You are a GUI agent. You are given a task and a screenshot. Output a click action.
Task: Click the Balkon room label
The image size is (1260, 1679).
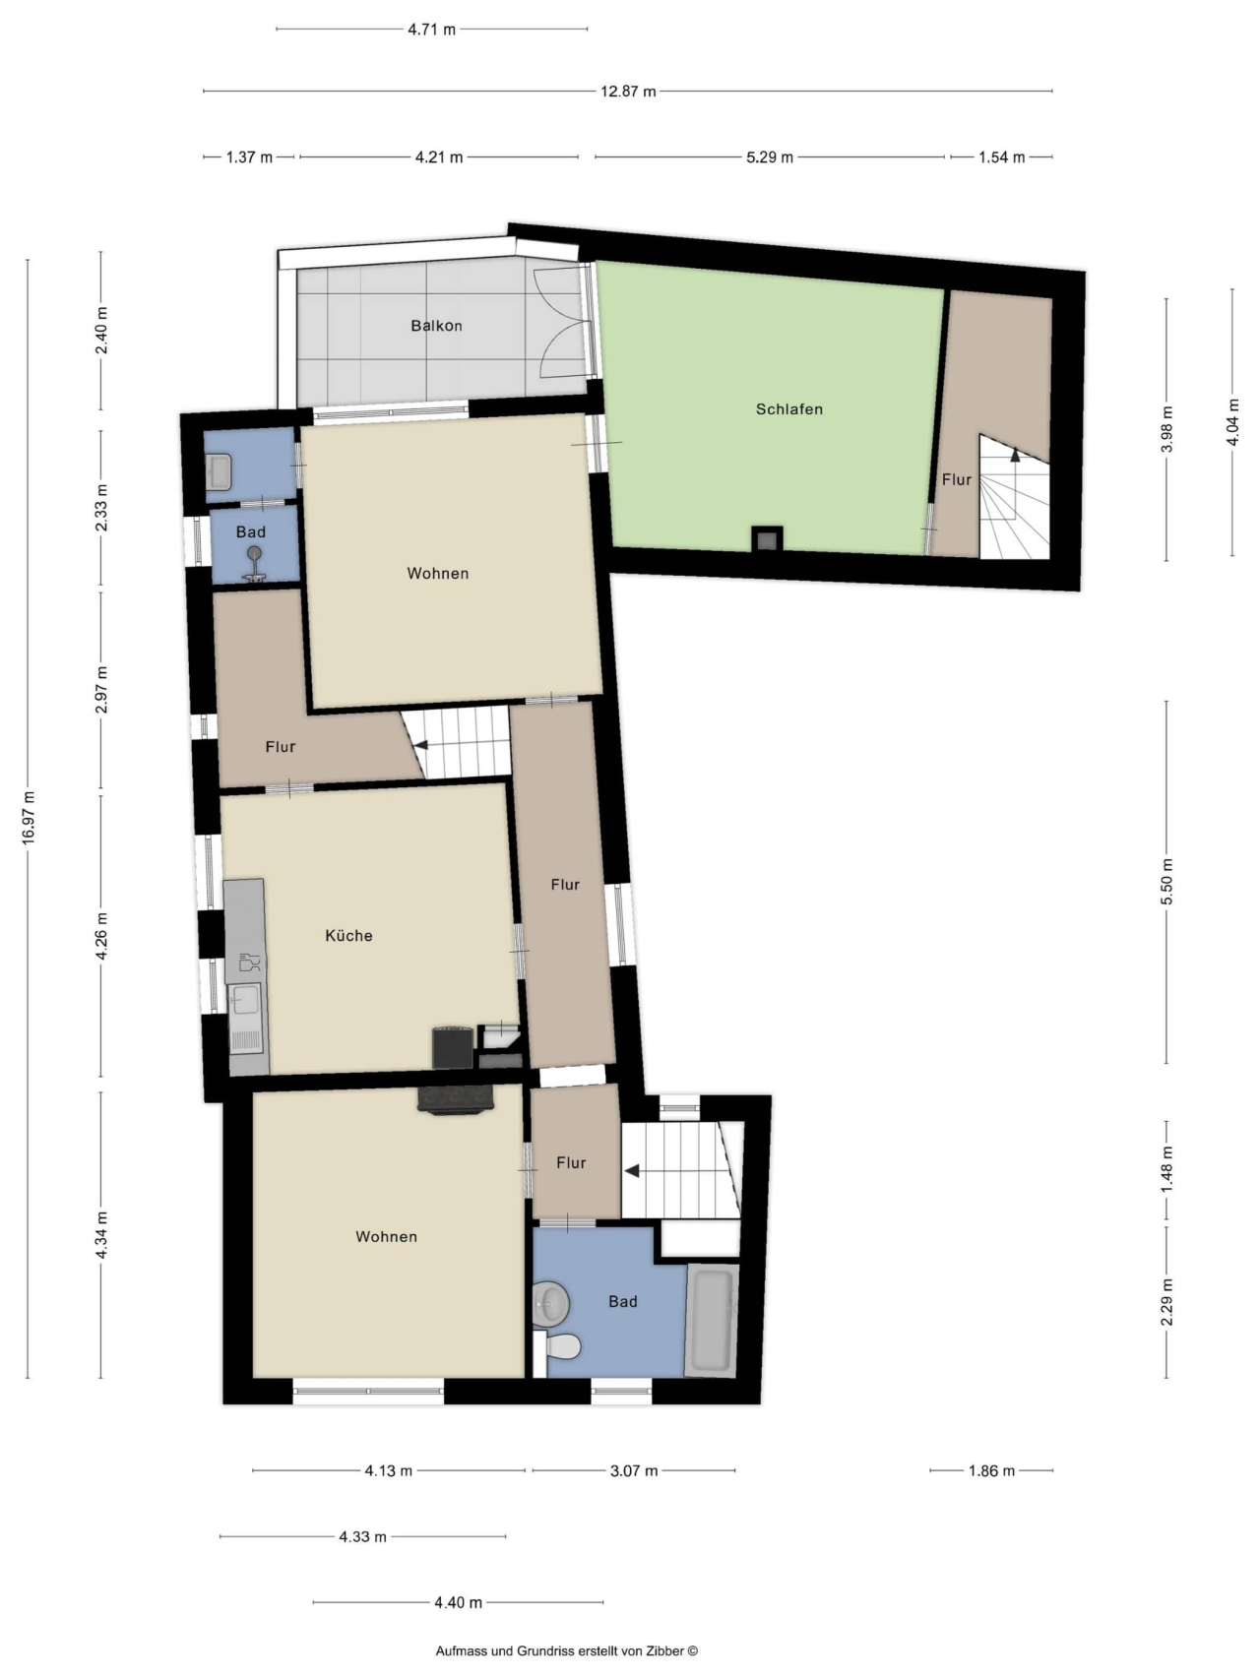[x=436, y=326]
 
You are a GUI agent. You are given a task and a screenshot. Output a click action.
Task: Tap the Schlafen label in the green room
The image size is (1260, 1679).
[x=789, y=409]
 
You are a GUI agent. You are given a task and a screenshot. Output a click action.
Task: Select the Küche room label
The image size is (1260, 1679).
[x=349, y=936]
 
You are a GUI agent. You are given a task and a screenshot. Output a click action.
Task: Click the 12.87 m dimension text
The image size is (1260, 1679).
[x=628, y=92]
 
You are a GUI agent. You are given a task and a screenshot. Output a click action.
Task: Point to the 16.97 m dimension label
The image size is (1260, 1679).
[x=29, y=816]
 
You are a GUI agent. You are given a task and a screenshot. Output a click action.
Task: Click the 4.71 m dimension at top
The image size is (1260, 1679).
[x=432, y=30]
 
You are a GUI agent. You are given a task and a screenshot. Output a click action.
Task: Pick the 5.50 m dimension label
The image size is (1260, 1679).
[x=1167, y=882]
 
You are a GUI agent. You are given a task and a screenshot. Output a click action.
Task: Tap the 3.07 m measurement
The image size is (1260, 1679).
[x=634, y=1471]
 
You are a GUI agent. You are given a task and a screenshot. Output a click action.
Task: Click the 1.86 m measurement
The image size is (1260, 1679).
[x=990, y=1471]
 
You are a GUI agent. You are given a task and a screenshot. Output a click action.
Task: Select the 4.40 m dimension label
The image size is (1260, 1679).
[x=459, y=1602]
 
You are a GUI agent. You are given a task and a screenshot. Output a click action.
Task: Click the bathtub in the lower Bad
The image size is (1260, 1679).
[x=712, y=1320]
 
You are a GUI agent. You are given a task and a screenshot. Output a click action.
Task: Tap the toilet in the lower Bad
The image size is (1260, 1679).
[x=558, y=1346]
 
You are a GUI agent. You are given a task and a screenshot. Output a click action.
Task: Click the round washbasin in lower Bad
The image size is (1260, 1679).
[x=551, y=1304]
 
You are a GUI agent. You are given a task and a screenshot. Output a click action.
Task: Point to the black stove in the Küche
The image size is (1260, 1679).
[x=453, y=1047]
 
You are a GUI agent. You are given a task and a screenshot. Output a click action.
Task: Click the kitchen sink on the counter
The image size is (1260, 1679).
[x=244, y=1000]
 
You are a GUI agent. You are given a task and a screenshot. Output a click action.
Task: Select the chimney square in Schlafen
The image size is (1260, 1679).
[x=768, y=539]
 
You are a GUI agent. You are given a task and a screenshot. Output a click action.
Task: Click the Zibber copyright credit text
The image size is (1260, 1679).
[x=567, y=1651]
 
